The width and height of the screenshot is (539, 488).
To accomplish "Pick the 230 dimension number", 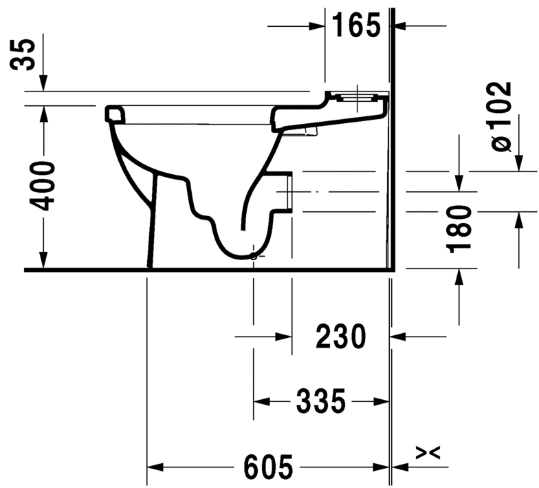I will tap(340, 337).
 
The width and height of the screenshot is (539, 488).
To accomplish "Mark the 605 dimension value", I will tap(268, 468).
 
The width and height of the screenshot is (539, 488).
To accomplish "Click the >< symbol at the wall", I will tap(428, 452).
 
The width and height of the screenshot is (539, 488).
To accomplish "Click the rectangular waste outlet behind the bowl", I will tap(287, 191).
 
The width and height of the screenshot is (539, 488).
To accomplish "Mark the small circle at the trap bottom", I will tap(254, 257).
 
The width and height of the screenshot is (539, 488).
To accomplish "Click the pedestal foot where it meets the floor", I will tap(150, 265).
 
